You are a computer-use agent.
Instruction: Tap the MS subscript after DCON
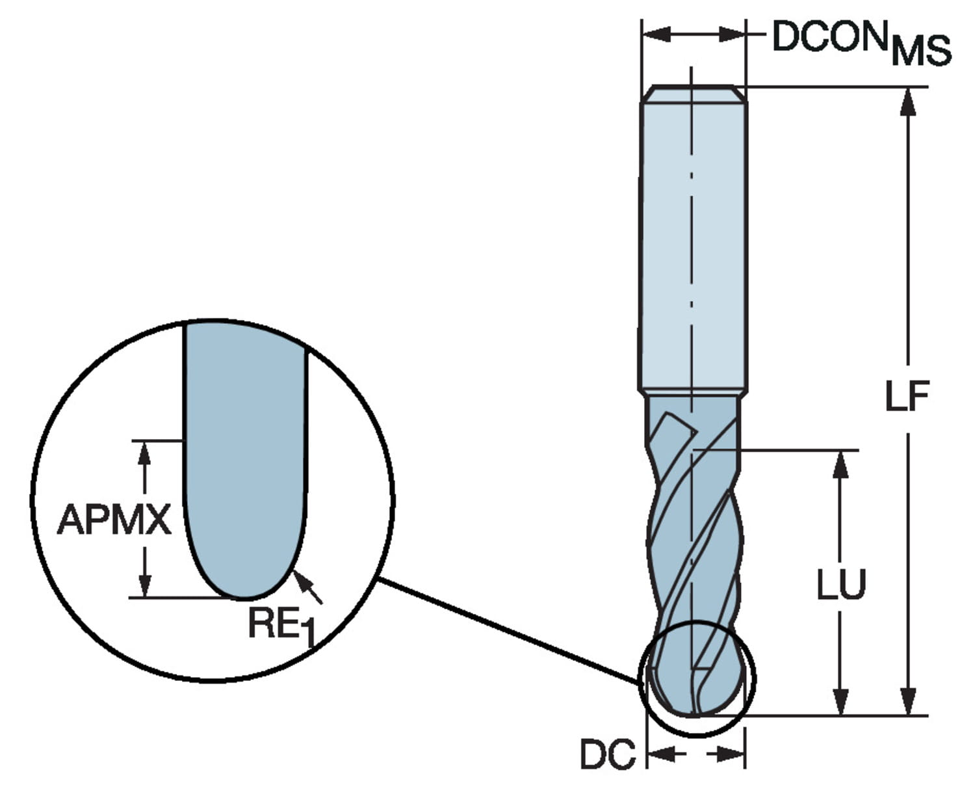(x=921, y=51)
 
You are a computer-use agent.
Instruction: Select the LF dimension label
(x=907, y=395)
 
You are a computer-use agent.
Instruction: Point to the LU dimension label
(x=841, y=584)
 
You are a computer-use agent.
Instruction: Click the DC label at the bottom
(x=608, y=754)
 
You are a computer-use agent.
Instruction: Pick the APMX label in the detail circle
(x=114, y=520)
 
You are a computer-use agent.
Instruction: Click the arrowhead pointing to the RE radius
(x=300, y=578)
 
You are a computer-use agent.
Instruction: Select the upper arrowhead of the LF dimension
(x=908, y=101)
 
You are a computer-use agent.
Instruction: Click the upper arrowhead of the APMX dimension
(x=144, y=454)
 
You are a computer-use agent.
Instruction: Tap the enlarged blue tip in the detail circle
(x=246, y=468)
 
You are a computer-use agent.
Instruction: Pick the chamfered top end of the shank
(x=693, y=94)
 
